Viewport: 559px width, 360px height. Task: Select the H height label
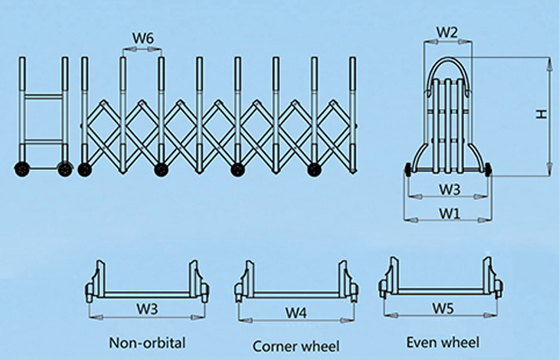pos(541,115)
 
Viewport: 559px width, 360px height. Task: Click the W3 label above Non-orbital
pos(148,309)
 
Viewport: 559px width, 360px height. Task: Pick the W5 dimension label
pos(443,308)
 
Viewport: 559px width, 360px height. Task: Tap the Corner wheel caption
pos(295,346)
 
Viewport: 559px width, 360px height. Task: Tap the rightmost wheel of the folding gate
pos(313,169)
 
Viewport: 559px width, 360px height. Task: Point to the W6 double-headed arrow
pos(142,49)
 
